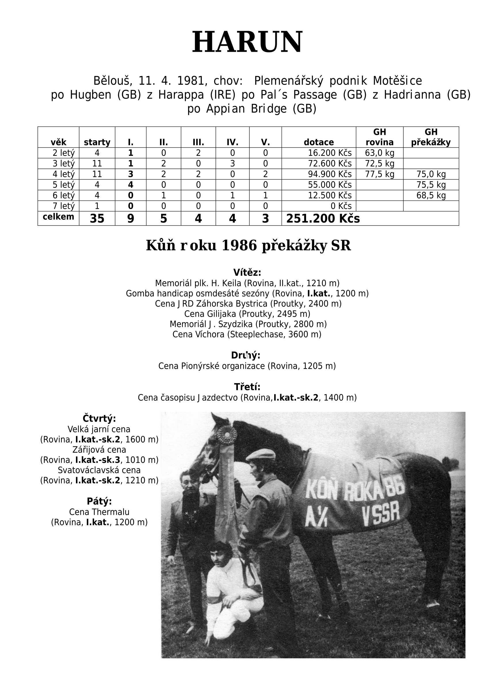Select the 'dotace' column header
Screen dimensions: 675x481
click(319, 142)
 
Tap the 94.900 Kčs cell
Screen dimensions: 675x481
click(330, 174)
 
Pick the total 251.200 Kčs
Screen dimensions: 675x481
click(323, 219)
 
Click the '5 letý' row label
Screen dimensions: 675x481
click(63, 185)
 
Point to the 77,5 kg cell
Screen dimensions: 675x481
click(379, 174)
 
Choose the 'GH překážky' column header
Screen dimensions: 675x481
click(431, 137)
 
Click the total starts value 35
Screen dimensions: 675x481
click(97, 219)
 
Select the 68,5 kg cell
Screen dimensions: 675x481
click(431, 196)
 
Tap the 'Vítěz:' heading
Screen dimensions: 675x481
click(247, 272)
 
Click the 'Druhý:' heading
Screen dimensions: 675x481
click(246, 355)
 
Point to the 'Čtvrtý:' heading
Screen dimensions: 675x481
click(99, 419)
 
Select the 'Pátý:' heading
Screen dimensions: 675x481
click(99, 502)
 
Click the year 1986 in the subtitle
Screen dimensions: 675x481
click(239, 245)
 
